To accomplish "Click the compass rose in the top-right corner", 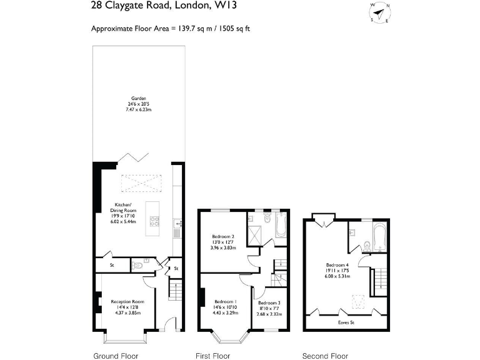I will tap(379, 12).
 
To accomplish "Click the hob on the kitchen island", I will tap(154, 220).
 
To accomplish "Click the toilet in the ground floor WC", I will tap(138, 266).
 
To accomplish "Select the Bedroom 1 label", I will tap(226, 301).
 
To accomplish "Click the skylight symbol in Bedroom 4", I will tap(359, 302).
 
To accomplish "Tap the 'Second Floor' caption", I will tap(325, 356).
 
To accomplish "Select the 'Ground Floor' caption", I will tap(116, 356).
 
